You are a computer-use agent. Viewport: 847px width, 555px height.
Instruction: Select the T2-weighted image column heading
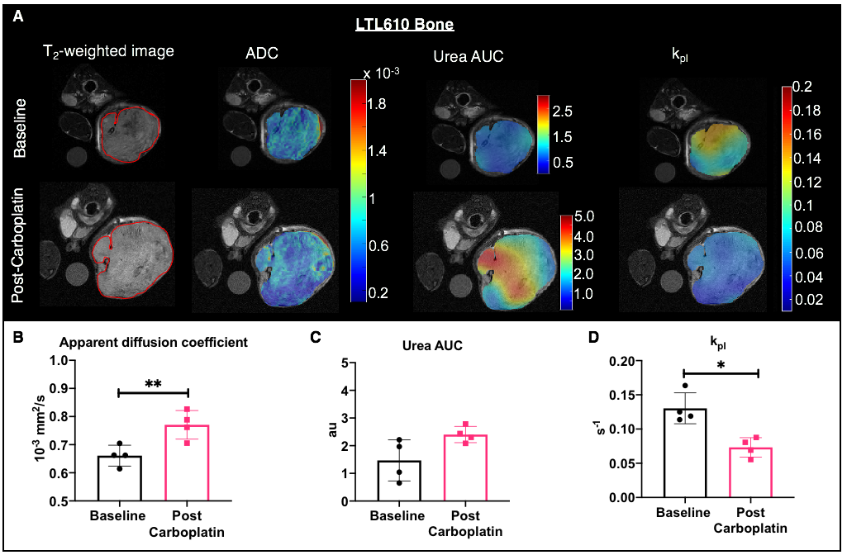tap(108, 52)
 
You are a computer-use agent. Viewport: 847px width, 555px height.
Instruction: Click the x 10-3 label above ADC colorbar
tap(382, 74)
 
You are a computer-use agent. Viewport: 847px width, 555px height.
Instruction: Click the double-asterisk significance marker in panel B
tap(154, 384)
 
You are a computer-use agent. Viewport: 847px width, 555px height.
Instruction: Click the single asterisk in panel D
tap(721, 366)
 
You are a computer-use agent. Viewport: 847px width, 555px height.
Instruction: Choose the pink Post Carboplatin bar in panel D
tap(750, 472)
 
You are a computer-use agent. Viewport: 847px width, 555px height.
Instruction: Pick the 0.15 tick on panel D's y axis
tap(623, 396)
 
